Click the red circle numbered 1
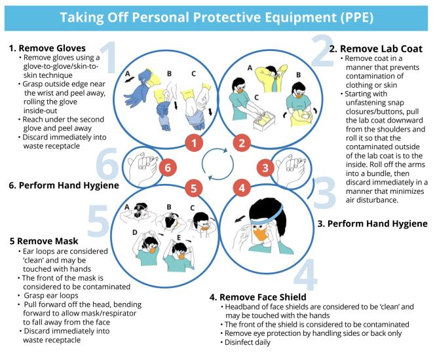[194, 143]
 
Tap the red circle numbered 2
[242, 143]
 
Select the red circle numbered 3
[265, 168]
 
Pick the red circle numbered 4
[242, 188]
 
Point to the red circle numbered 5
[194, 188]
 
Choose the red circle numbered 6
[168, 168]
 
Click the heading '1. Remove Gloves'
[47, 48]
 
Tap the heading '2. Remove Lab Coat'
[376, 49]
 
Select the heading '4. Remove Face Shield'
[258, 297]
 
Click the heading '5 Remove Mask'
[44, 241]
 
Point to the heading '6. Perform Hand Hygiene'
[64, 185]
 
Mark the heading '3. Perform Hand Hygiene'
[373, 224]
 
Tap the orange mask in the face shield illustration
[261, 234]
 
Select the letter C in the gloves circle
[194, 74]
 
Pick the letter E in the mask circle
[179, 238]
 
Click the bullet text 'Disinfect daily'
[248, 342]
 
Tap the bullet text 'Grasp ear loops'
[51, 295]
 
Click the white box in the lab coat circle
[264, 121]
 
